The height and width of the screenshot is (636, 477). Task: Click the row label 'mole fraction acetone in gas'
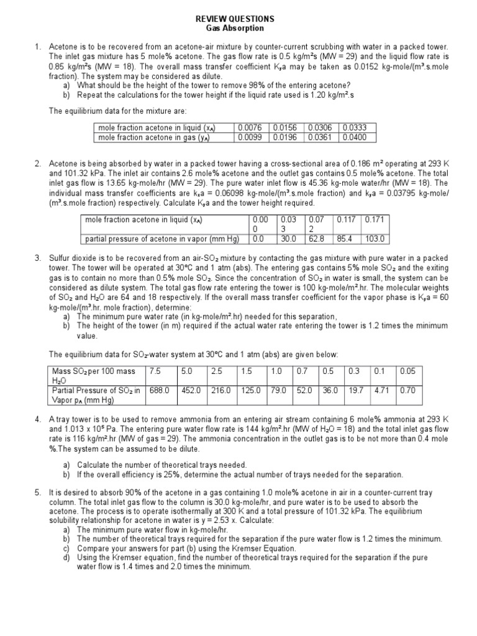click(153, 137)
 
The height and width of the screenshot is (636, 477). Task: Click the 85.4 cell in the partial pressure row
click(345, 238)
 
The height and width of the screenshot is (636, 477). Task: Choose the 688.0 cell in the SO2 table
click(159, 390)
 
